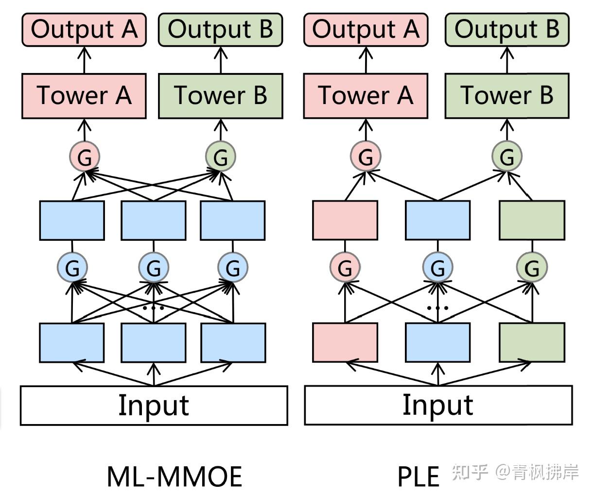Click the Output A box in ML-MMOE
coord(84,30)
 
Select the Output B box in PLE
coord(507,30)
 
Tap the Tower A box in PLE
coord(366,96)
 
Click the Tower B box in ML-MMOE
coord(221,96)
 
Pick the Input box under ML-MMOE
coord(154,406)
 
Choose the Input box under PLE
coord(438,406)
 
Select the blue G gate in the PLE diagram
coord(438,267)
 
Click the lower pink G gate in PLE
coord(345,267)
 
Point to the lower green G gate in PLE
coord(532,267)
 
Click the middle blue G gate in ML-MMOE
coord(154,267)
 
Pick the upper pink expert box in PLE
coord(345,220)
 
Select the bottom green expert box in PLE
coord(532,343)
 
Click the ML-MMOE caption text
coord(174,477)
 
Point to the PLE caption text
coord(418,477)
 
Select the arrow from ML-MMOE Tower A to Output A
coord(85,60)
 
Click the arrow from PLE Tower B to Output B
coord(507,60)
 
